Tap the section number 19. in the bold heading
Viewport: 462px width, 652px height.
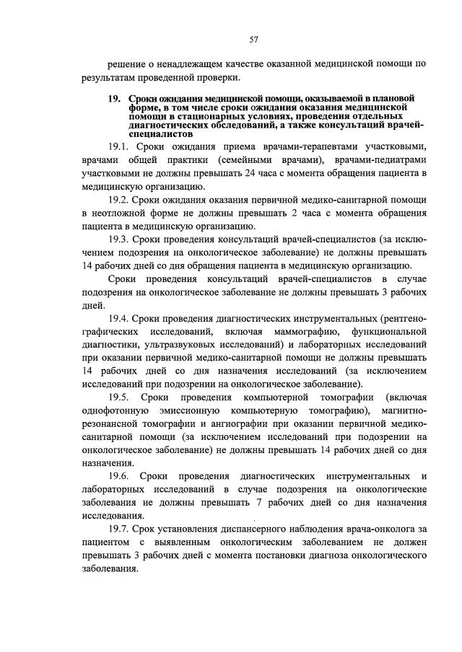click(x=116, y=97)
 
